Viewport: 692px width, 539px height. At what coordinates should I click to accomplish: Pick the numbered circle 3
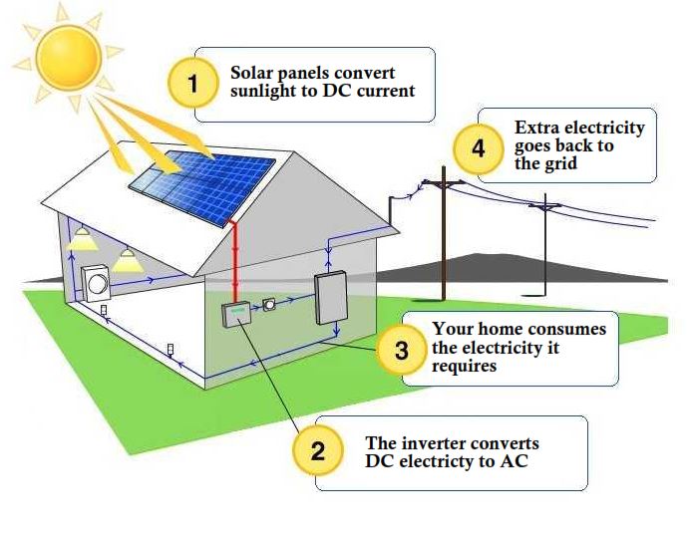click(x=400, y=351)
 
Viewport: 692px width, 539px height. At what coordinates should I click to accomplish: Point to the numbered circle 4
click(x=479, y=149)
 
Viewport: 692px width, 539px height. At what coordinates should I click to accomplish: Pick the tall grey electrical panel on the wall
click(x=330, y=296)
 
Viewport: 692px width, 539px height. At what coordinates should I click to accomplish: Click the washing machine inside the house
click(x=97, y=283)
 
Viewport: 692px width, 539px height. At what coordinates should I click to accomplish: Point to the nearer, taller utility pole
click(x=444, y=239)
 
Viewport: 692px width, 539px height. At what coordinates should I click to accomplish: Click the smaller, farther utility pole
click(x=544, y=249)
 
